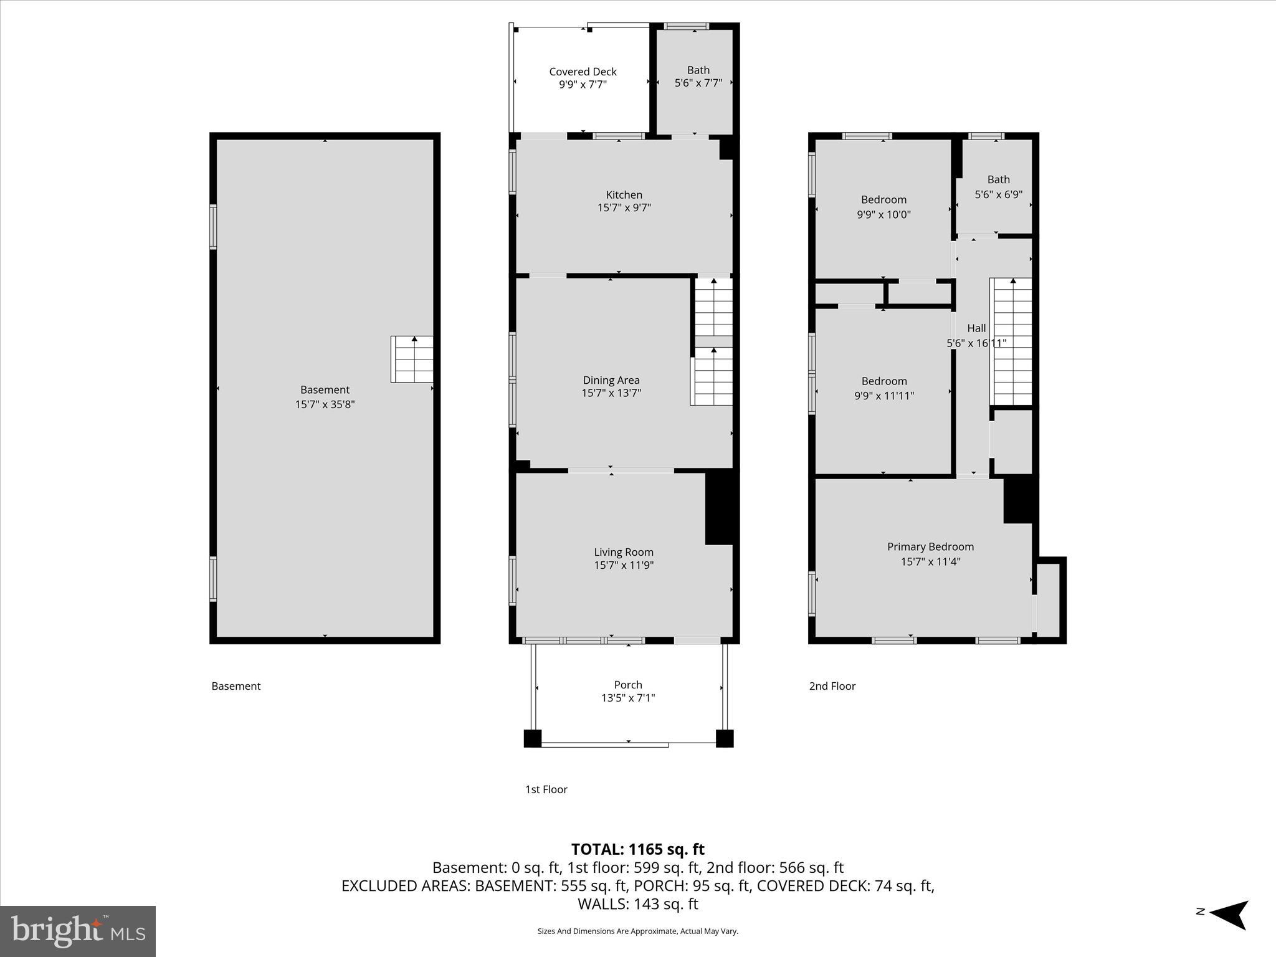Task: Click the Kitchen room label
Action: tap(624, 195)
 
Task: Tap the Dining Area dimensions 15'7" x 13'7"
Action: tap(611, 393)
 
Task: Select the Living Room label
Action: tap(624, 552)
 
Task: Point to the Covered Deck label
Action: tap(583, 72)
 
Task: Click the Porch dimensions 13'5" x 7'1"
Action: tap(627, 698)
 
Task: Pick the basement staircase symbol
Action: tap(412, 359)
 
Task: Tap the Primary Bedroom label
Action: tap(930, 547)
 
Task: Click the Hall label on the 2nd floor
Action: tap(976, 328)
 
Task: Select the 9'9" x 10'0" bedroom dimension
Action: tap(883, 215)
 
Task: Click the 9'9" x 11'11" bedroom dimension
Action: tap(883, 396)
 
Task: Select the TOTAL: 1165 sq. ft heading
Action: tap(637, 849)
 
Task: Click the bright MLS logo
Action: tap(78, 931)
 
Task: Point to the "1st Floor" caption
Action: tap(546, 789)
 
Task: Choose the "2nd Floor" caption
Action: tap(832, 686)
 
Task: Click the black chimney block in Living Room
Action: tap(721, 508)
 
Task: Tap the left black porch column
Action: tap(532, 738)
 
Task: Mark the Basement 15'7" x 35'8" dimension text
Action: tap(325, 404)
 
